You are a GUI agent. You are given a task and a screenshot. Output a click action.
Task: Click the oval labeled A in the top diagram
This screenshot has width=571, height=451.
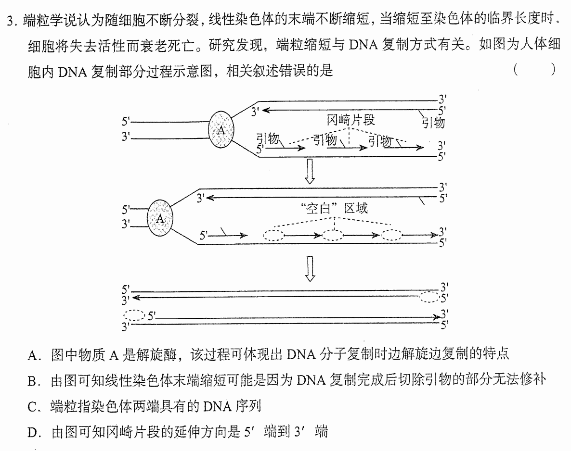coord(221,130)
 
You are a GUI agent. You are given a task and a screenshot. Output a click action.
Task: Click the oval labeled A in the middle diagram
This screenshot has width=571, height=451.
coord(160,218)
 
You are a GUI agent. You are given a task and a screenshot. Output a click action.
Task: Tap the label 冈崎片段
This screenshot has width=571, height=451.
coord(350,120)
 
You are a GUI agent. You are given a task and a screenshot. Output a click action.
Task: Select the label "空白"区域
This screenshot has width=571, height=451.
coord(335,208)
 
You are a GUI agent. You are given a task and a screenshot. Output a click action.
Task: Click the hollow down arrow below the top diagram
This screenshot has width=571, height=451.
coord(310,171)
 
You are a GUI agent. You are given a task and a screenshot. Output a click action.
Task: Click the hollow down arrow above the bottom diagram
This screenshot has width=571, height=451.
coord(310,268)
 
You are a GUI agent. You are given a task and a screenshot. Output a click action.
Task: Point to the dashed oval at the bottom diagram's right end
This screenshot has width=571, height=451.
coord(429,297)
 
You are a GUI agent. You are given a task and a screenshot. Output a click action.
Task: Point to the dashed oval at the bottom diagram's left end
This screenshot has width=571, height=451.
coord(135,315)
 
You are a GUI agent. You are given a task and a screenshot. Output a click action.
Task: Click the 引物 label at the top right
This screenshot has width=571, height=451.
coord(433,122)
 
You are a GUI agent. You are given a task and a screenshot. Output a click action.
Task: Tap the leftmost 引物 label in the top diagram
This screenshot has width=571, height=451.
coord(268,138)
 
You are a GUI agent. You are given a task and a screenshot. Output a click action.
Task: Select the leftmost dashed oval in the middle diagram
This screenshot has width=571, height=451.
coord(273,235)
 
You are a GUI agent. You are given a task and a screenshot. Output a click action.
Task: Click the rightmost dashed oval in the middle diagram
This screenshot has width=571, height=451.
coord(391,235)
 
